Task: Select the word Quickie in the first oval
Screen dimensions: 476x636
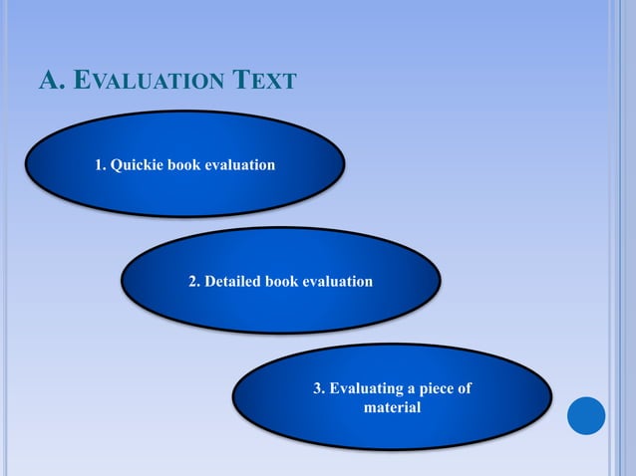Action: point(138,164)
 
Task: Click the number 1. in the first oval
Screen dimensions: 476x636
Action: point(101,164)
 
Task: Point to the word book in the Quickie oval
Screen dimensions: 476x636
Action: point(183,164)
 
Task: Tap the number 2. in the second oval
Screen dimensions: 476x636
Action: point(195,282)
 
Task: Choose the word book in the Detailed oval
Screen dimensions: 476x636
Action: point(282,282)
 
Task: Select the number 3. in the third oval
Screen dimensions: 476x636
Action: point(320,389)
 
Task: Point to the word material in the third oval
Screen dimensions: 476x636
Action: point(393,407)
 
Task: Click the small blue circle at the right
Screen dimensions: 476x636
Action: point(586,415)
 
